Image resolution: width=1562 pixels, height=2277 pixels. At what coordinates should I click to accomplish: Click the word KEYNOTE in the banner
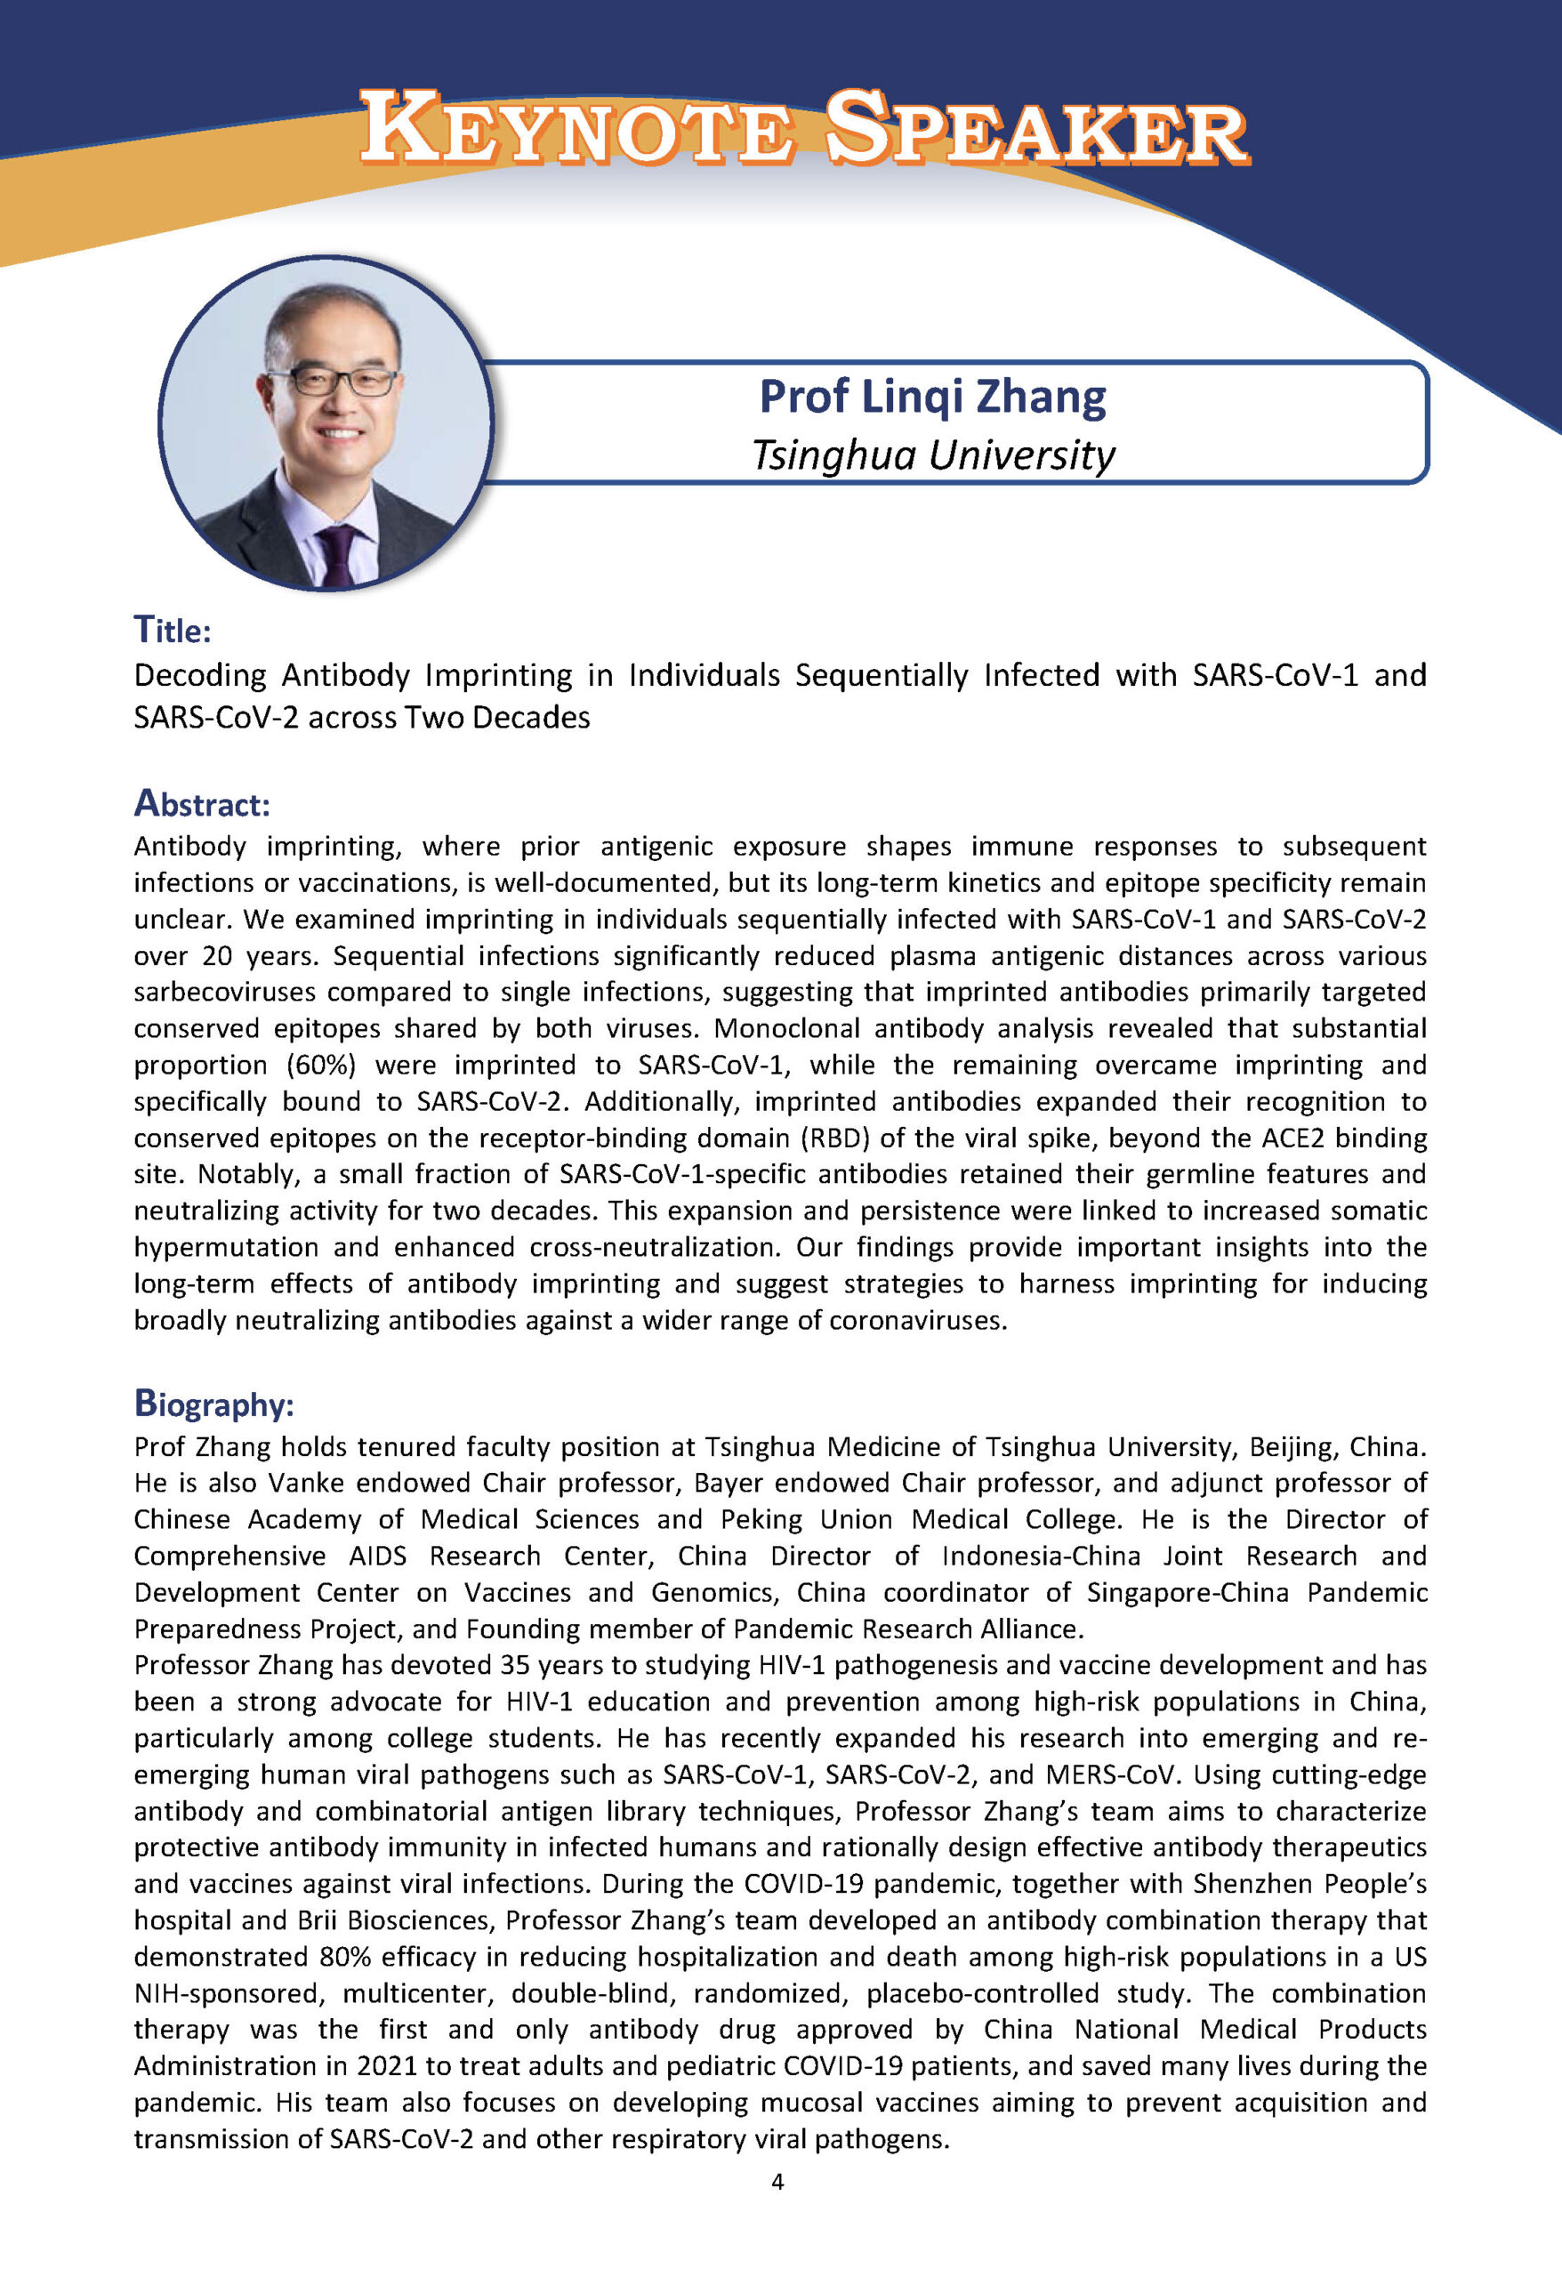pos(576,129)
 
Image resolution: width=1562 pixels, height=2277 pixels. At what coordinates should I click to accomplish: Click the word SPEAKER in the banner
pos(1037,129)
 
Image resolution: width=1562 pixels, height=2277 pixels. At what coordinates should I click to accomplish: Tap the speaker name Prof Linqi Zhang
pos(932,397)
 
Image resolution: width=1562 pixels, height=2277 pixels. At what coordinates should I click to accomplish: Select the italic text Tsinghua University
pos(932,455)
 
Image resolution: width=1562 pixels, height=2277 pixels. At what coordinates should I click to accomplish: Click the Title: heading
pos(173,630)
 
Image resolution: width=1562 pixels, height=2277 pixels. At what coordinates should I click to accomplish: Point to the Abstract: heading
pos(202,803)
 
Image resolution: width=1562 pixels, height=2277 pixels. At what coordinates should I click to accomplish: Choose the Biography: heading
pos(213,1404)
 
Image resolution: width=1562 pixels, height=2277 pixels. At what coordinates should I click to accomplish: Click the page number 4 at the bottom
pos(778,2181)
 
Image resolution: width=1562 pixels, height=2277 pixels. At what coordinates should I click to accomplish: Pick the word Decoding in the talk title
pos(201,675)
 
